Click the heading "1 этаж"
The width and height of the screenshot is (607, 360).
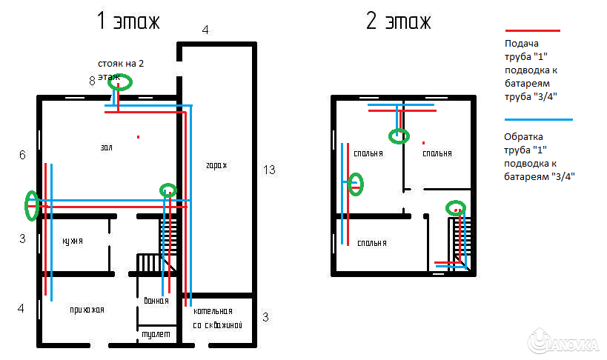click(x=127, y=21)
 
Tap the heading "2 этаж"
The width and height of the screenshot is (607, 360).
click(x=398, y=21)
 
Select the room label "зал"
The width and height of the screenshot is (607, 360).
click(x=107, y=147)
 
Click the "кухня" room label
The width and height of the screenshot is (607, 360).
click(x=72, y=241)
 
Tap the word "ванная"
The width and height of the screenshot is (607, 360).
click(x=156, y=301)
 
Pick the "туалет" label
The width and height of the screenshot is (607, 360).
click(x=156, y=334)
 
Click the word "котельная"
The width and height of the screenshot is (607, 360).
click(x=213, y=311)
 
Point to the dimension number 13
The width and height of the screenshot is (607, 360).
click(x=269, y=170)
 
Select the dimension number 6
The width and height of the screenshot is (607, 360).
click(x=22, y=155)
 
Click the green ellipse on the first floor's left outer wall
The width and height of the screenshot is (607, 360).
click(x=31, y=206)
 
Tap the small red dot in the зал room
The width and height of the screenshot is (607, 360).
click(x=138, y=136)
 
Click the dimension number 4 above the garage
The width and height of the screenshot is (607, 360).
click(x=205, y=30)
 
